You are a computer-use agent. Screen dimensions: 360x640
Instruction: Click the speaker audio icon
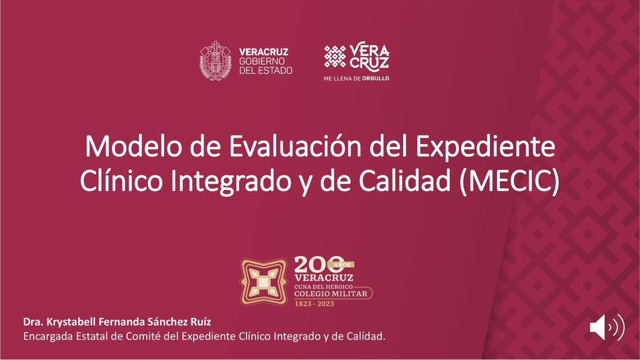(x=606, y=327)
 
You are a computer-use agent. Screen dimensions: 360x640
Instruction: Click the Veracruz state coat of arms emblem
(x=215, y=61)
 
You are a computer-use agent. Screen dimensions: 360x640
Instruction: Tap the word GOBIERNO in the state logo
(x=262, y=61)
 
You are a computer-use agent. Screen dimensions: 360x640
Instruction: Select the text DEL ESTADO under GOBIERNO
(x=265, y=70)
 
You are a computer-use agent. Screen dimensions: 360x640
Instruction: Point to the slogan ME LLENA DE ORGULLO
(x=356, y=78)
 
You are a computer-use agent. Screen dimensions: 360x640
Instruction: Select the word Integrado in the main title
(x=224, y=182)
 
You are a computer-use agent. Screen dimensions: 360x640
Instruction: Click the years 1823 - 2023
(x=314, y=304)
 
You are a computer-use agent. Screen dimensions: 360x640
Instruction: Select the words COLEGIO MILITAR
(x=331, y=294)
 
